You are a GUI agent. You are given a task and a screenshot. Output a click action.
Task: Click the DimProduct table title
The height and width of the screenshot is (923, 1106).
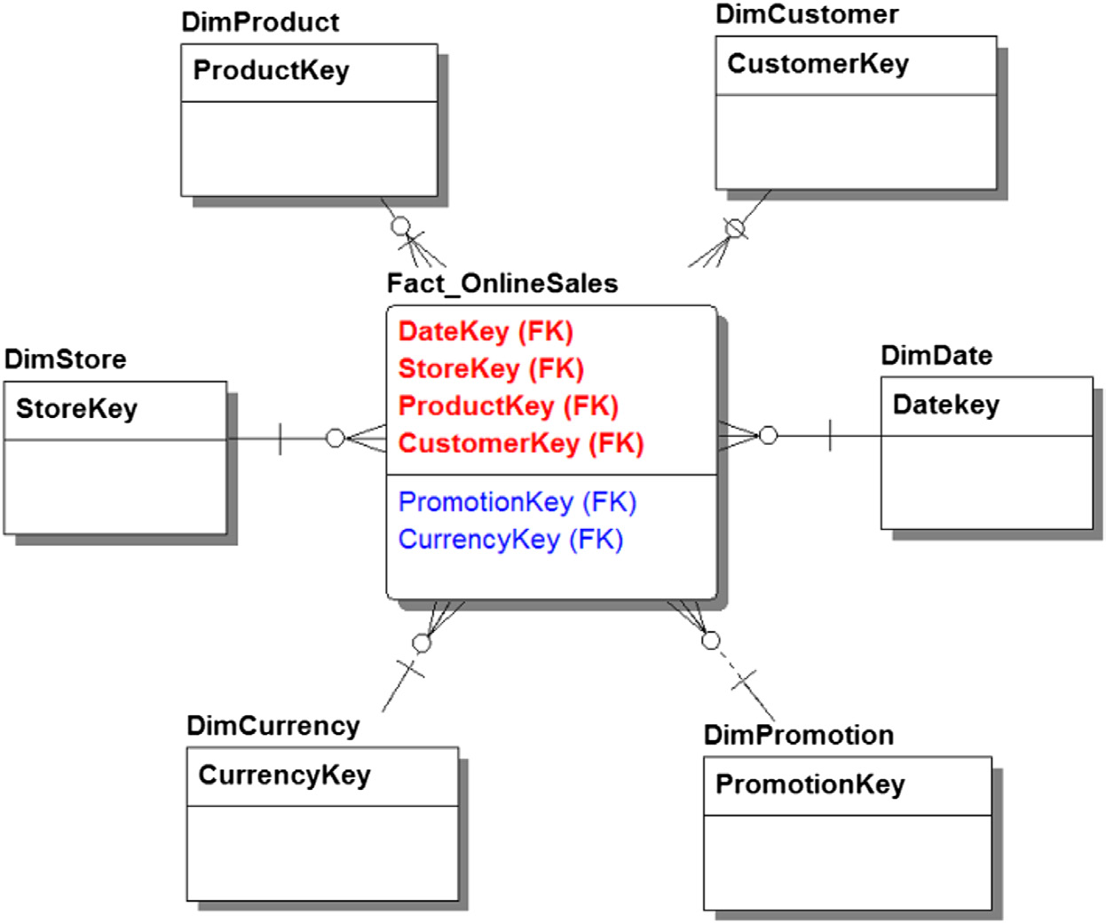(x=260, y=22)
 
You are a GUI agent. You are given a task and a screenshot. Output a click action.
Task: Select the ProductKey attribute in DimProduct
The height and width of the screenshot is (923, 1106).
(x=271, y=70)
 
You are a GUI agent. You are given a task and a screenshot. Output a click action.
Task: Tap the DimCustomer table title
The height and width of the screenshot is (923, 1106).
(x=807, y=14)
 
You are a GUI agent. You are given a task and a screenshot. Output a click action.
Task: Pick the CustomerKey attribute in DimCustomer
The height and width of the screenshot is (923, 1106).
(x=818, y=64)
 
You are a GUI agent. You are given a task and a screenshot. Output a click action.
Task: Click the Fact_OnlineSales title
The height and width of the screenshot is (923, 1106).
(x=502, y=284)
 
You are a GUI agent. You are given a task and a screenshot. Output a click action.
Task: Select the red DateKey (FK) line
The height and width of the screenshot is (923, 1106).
(x=486, y=332)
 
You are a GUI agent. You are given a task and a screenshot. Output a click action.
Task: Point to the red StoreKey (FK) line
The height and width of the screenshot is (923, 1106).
(x=491, y=369)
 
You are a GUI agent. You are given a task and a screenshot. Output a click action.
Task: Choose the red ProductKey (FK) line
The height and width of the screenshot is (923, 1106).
(x=508, y=406)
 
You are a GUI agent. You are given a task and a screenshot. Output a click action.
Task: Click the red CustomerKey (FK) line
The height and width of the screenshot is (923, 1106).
(x=521, y=444)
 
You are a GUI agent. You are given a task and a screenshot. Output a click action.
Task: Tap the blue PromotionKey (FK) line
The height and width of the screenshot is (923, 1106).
(x=517, y=502)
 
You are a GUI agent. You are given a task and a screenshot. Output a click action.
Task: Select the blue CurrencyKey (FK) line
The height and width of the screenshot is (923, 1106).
(x=510, y=540)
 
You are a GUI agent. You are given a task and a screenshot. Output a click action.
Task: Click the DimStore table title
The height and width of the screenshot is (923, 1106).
(x=66, y=359)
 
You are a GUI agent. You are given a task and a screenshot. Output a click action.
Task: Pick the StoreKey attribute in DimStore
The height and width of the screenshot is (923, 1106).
(x=76, y=409)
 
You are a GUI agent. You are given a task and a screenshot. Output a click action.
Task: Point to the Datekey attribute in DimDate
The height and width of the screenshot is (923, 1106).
(x=945, y=405)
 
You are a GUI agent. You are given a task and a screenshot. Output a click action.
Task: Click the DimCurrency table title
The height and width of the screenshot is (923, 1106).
(x=273, y=726)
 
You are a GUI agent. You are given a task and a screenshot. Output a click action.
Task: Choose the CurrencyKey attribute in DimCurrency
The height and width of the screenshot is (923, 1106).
(x=284, y=776)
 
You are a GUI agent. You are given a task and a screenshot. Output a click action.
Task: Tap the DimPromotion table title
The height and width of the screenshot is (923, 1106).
(x=798, y=736)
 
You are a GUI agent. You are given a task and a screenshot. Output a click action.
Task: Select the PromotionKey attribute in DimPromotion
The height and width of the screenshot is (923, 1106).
(x=810, y=785)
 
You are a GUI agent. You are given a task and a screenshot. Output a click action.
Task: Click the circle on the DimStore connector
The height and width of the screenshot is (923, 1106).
(x=335, y=438)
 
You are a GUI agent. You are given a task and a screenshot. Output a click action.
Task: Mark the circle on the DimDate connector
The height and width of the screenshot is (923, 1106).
(x=769, y=435)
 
